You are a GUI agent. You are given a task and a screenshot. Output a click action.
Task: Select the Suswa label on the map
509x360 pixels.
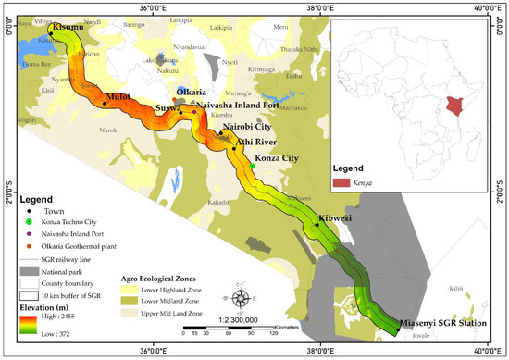click(168, 108)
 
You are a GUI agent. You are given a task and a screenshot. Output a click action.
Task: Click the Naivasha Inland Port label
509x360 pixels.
click(242, 106)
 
